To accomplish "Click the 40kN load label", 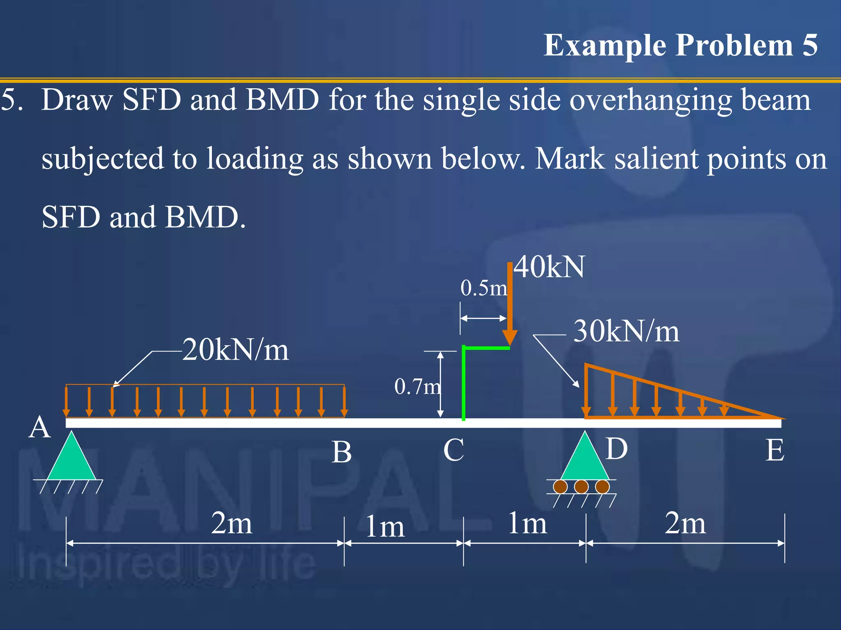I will [549, 267].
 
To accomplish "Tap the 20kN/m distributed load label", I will [235, 350].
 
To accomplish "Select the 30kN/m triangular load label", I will [626, 331].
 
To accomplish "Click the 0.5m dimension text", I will [483, 288].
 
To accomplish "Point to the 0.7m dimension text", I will [417, 386].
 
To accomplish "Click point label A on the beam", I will [40, 427].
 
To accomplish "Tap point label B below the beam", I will [342, 452].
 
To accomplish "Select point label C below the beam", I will [453, 450].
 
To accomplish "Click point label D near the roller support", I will [616, 448].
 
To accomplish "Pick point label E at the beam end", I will [775, 450].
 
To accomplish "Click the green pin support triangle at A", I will [72, 459].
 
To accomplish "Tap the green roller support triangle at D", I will [584, 459].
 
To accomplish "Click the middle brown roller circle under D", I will [581, 487].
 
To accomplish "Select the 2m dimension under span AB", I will [231, 523].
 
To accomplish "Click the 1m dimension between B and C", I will [385, 527].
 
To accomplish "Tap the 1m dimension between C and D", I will [527, 523].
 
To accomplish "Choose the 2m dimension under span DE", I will [685, 523].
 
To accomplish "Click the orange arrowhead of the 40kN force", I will [510, 338].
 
